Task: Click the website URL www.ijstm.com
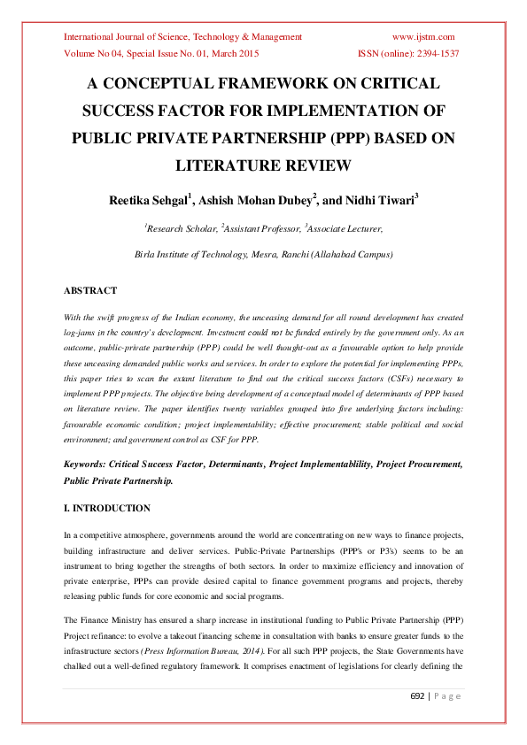click(x=422, y=37)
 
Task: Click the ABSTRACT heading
click(x=90, y=290)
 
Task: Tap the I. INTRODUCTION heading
click(x=107, y=508)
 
